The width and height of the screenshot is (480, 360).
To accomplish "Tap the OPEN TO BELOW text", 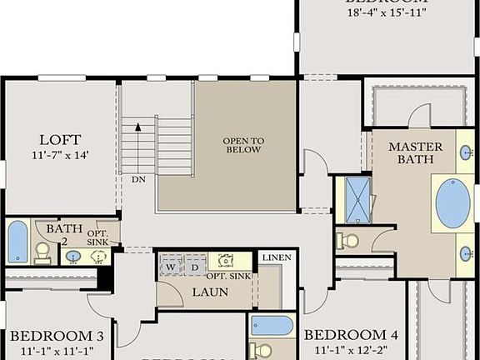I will pyautogui.click(x=242, y=145).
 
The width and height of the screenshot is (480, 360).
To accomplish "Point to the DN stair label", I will pyautogui.click(x=138, y=179).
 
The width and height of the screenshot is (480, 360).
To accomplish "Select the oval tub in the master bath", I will pyautogui.click(x=452, y=203).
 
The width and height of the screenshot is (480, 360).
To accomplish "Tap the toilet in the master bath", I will pyautogui.click(x=348, y=241).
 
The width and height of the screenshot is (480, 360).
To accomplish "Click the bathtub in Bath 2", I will pyautogui.click(x=17, y=242).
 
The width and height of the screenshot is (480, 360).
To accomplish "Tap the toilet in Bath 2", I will pyautogui.click(x=42, y=253).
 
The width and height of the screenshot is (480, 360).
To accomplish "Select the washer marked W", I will pyautogui.click(x=171, y=265).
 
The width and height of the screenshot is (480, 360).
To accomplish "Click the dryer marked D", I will pyautogui.click(x=195, y=265).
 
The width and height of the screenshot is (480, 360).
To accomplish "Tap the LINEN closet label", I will pyautogui.click(x=276, y=258).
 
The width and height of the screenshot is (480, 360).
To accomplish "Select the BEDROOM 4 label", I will pyautogui.click(x=351, y=335).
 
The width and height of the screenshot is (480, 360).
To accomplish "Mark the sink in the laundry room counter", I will pyautogui.click(x=224, y=261).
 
